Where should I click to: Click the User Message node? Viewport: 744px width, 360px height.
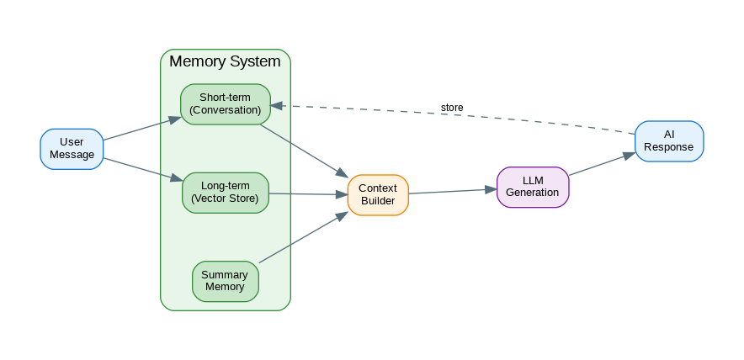[x=72, y=149]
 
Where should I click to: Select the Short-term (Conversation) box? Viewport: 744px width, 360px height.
[x=225, y=104]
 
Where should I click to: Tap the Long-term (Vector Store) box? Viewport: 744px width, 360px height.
[x=225, y=193]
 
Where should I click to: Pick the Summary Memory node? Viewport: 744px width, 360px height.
[x=225, y=281]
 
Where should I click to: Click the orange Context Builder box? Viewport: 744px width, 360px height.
[x=378, y=195]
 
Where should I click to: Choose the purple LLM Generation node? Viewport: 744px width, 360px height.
[x=533, y=187]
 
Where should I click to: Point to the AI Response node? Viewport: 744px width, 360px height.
[x=668, y=140]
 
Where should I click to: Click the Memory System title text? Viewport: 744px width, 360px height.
[x=225, y=61]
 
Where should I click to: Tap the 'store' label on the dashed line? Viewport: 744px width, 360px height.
[x=452, y=108]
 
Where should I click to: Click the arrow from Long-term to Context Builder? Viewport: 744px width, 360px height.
[x=308, y=194]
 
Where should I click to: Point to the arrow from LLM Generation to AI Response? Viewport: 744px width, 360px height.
[x=602, y=164]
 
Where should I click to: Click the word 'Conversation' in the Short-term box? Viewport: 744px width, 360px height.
[x=225, y=110]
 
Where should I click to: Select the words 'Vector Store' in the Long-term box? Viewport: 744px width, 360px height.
[x=225, y=199]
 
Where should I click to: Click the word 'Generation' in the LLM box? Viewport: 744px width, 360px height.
[x=533, y=193]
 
